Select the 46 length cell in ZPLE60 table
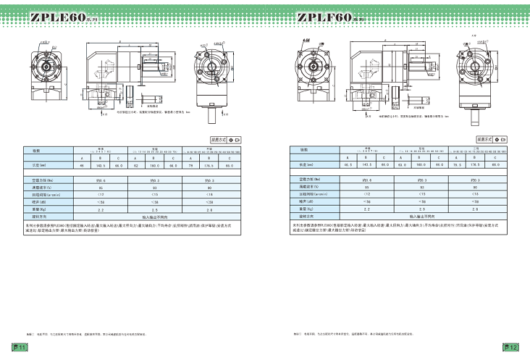pos(30,165)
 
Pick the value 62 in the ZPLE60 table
pos(136,165)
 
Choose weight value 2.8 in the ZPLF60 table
pos(474,209)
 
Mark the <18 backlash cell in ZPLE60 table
pos(209,194)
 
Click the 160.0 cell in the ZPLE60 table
pos(156,165)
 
